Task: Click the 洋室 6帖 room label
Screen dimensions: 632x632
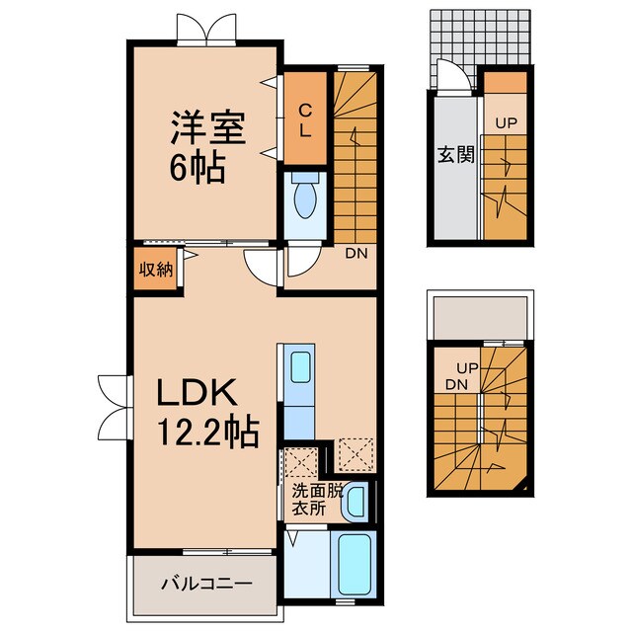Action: pos(206,145)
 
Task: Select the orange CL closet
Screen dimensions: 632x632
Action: pos(305,118)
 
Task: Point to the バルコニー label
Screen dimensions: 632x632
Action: pos(206,584)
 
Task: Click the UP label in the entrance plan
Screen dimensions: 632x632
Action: pos(506,124)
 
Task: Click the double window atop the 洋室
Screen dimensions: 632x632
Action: pos(206,30)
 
